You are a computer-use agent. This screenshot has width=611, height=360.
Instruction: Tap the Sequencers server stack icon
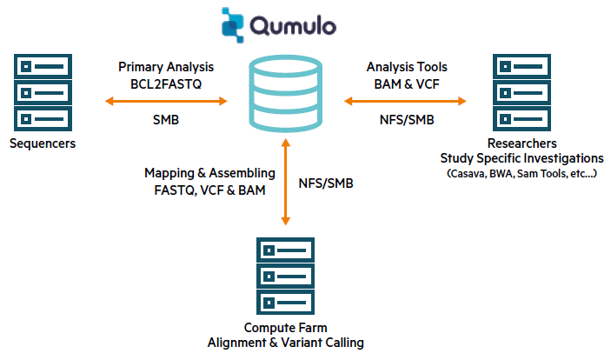[x=40, y=91]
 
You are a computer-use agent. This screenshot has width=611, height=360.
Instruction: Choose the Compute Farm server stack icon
[x=285, y=276]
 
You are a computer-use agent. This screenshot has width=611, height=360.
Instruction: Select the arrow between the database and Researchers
[x=405, y=102]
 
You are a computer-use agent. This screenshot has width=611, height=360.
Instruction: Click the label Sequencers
[x=42, y=143]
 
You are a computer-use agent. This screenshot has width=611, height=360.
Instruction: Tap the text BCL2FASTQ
[x=165, y=83]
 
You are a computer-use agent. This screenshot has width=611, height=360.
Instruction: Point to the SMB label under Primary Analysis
[x=165, y=120]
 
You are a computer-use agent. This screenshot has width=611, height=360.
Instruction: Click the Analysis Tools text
[x=406, y=66]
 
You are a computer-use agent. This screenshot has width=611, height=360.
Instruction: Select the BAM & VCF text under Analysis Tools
[x=406, y=83]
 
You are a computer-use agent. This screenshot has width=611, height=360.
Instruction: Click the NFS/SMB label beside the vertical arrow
[x=327, y=183]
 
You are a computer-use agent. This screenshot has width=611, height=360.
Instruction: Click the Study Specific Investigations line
[x=521, y=158]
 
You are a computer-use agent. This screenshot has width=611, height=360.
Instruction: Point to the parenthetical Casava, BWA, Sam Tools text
[x=521, y=175]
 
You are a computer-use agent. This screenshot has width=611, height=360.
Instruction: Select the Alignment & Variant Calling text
[x=285, y=343]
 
